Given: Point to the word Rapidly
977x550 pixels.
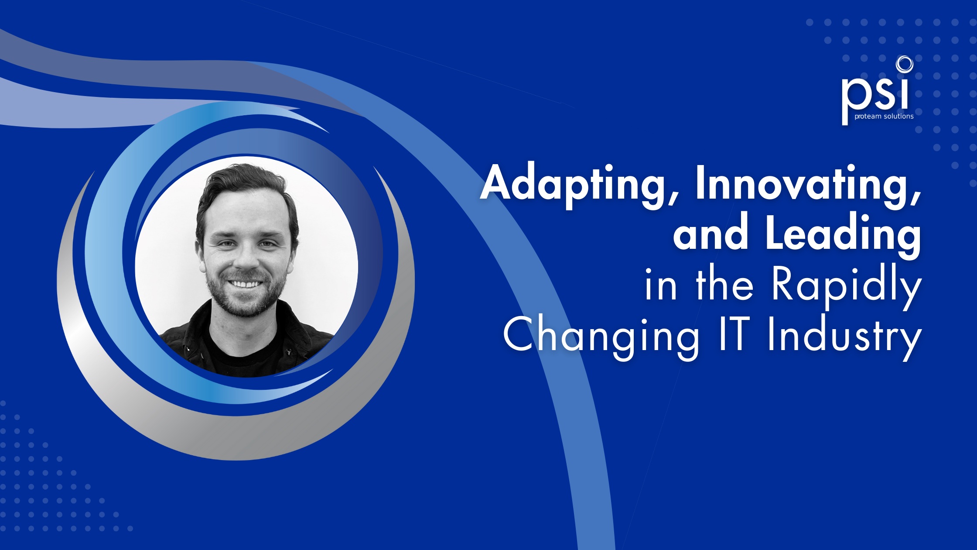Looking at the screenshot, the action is coord(846,286).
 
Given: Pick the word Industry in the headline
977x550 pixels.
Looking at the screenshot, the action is coord(844,337).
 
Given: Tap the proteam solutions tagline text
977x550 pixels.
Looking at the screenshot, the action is coord(884,117).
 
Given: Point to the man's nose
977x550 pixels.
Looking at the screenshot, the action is coord(246,258).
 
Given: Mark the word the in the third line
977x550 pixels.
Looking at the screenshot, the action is coord(724,286).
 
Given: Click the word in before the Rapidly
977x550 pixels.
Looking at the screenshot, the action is coord(661,286).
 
